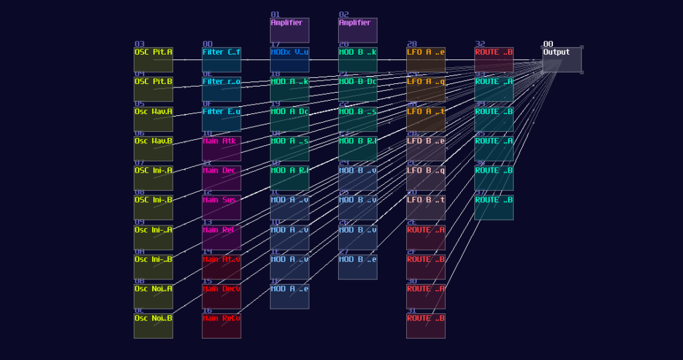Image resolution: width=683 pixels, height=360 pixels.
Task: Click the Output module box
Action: pyautogui.click(x=562, y=59)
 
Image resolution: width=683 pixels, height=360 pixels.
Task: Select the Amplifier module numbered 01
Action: pyautogui.click(x=289, y=30)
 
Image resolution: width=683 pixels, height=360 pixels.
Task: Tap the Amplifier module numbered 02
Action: pyautogui.click(x=358, y=30)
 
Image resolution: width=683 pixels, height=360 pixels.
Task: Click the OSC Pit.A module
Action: pyautogui.click(x=153, y=59)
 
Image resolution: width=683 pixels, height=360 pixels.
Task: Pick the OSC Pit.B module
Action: pyautogui.click(x=153, y=89)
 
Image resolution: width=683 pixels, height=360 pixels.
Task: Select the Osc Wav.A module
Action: pyautogui.click(x=153, y=119)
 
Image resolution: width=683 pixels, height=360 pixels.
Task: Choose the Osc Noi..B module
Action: pyautogui.click(x=153, y=325)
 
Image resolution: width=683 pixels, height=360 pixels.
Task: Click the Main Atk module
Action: pyautogui.click(x=221, y=148)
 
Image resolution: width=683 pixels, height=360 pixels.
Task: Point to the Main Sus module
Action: pyautogui.click(x=221, y=207)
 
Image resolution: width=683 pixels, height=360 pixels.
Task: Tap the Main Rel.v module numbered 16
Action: pyautogui.click(x=221, y=325)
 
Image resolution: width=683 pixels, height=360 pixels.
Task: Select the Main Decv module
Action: pyautogui.click(x=221, y=296)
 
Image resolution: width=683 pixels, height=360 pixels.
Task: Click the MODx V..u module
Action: pyautogui.click(x=289, y=59)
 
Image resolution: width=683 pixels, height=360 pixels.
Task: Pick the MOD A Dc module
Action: pyautogui.click(x=289, y=119)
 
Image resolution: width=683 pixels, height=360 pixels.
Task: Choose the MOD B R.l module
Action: pyautogui.click(x=358, y=148)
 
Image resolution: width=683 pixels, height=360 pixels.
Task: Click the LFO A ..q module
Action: pyautogui.click(x=426, y=89)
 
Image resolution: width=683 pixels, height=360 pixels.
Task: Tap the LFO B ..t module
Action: pyautogui.click(x=426, y=207)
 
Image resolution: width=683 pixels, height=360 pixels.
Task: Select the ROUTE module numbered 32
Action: pyautogui.click(x=494, y=59)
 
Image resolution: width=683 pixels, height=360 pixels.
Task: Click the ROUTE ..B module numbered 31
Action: pyautogui.click(x=426, y=325)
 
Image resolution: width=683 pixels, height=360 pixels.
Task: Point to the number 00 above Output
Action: pyautogui.click(x=548, y=44)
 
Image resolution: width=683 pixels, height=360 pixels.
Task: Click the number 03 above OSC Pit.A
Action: pyautogui.click(x=139, y=44)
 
